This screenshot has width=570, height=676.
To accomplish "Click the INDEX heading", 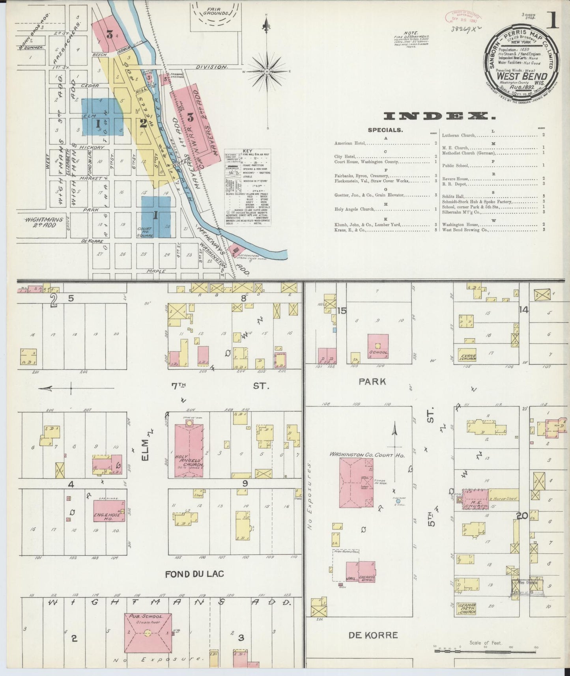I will point(439,116).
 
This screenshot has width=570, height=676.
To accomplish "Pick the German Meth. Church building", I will point(467,609).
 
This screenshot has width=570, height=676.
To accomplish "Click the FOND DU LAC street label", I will point(194,574).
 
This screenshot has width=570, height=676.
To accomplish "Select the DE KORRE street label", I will point(373,635).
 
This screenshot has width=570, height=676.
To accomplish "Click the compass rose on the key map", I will point(267,71).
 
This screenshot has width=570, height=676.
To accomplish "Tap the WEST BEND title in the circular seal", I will point(521,76).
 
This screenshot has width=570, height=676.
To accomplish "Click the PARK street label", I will point(372,381).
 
